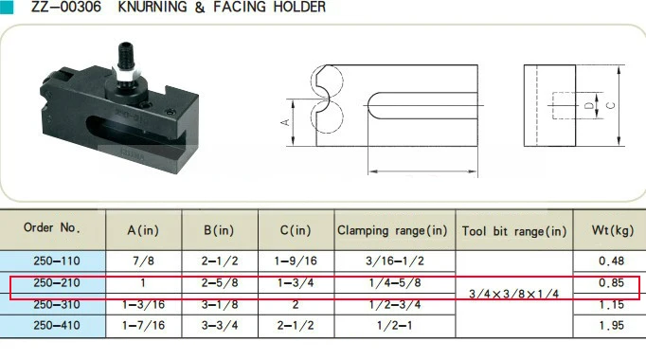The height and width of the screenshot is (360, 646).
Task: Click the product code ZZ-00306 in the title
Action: point(66,7)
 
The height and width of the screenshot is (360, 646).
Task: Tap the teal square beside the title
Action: point(7,7)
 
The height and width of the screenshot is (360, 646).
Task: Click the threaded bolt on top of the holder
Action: point(126,56)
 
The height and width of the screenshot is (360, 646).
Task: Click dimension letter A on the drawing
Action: point(285,122)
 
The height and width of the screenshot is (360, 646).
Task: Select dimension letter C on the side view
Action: point(611,105)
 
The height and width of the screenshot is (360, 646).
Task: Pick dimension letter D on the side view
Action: point(589,106)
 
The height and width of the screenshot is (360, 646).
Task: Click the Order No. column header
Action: point(52,227)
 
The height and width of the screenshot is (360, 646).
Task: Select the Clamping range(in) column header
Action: point(392,230)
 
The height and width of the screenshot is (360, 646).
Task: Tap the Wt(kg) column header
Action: point(613,230)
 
